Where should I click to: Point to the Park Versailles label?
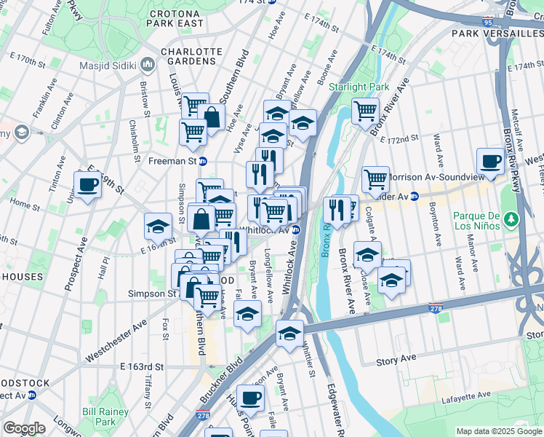(x=496, y=34)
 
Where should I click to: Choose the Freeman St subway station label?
(x=173, y=161)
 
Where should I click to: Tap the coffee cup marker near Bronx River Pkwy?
(x=490, y=162)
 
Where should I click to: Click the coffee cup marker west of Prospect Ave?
(x=87, y=184)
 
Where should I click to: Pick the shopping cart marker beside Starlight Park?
(x=365, y=111)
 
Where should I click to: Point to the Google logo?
(x=24, y=428)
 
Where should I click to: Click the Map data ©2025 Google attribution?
(x=498, y=431)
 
